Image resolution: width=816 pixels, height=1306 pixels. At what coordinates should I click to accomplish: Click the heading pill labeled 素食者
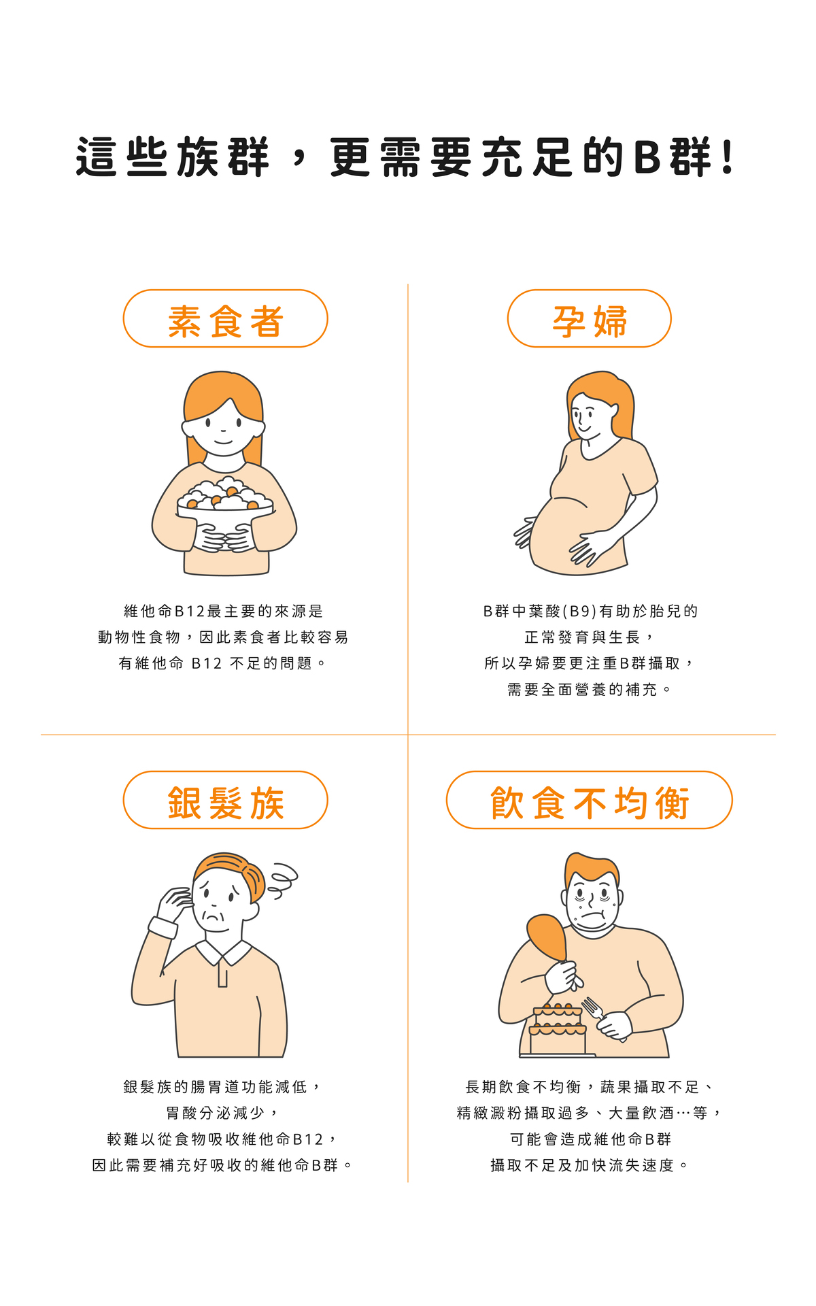coord(225,319)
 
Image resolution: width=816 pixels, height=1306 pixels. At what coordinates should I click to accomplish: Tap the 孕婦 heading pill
coord(589,319)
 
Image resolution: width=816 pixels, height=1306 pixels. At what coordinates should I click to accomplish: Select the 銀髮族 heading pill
coord(225,801)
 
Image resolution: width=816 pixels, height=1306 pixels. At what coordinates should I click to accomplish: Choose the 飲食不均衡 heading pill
coord(589,801)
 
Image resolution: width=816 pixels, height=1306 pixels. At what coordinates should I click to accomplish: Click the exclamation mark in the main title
coord(728,157)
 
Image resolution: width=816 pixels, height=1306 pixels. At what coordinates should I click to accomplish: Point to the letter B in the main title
coord(647,157)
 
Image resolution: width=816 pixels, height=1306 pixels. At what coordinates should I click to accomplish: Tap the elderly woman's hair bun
coord(253,881)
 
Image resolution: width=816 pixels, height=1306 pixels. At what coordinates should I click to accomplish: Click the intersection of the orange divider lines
coord(408,735)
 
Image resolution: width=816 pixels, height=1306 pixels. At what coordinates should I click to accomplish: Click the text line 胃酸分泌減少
coord(222,1113)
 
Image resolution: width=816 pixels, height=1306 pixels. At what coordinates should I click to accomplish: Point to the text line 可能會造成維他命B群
coord(590,1139)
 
